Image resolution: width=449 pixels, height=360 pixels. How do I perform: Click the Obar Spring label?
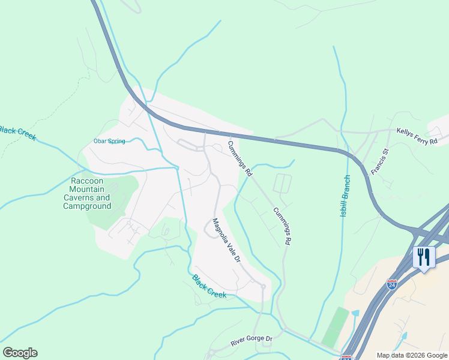click(x=109, y=142)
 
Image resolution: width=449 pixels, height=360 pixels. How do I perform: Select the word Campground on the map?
click(x=87, y=206)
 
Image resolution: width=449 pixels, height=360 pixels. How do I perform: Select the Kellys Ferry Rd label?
click(x=422, y=135)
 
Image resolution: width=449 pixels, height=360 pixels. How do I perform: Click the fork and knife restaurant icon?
click(x=424, y=257)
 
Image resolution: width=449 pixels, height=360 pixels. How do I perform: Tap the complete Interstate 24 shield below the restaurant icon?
click(x=392, y=284)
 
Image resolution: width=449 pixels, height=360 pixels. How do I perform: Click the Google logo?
click(x=20, y=353)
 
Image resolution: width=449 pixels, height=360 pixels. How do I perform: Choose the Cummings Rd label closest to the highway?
click(x=240, y=158)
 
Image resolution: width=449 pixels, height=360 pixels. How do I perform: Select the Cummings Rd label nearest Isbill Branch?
click(x=282, y=226)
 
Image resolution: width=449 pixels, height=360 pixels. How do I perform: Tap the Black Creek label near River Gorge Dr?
click(x=209, y=286)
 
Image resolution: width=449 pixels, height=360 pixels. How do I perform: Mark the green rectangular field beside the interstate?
click(x=335, y=327)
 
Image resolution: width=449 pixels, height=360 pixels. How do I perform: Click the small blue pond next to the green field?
click(x=354, y=313)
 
